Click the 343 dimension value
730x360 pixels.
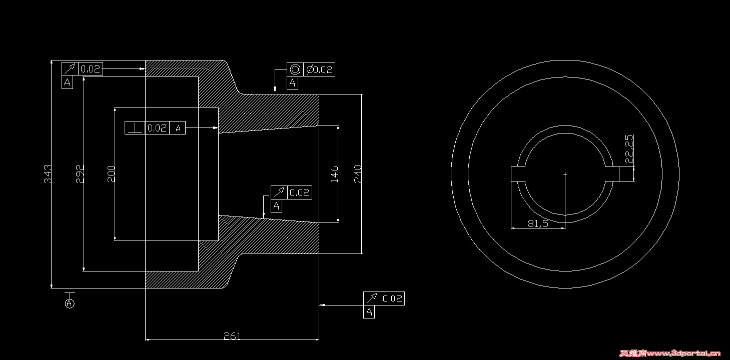[48, 174]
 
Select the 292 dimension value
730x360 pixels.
[80, 174]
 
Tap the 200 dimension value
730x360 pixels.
[111, 174]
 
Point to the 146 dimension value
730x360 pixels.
[334, 174]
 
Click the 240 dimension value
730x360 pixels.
[358, 174]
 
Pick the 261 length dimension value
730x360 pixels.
[232, 336]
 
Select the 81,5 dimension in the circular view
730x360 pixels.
[538, 223]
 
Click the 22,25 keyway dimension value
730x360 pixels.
[629, 149]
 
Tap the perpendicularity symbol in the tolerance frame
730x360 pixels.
[135, 128]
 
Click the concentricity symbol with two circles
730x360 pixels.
[295, 69]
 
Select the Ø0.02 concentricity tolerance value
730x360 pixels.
[319, 69]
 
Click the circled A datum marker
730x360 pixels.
[70, 303]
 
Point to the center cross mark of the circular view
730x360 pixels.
[565, 174]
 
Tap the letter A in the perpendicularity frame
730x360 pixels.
[178, 128]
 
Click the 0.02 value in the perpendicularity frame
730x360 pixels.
[157, 128]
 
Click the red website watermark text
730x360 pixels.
[670, 353]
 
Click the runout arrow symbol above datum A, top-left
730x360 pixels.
[70, 68]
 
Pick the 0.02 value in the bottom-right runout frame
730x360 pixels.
[392, 299]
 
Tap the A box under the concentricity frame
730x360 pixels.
[292, 83]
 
